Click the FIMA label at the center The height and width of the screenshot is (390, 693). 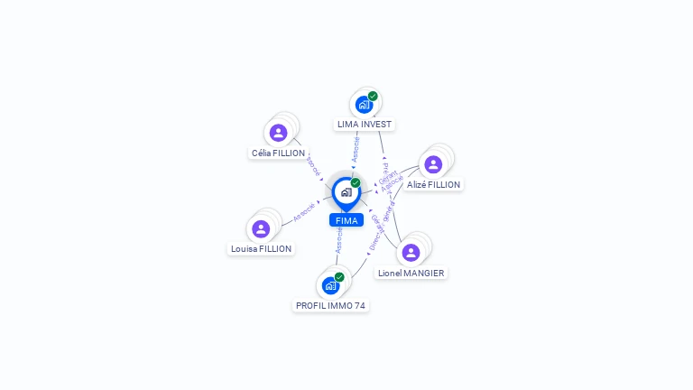pyautogui.click(x=346, y=220)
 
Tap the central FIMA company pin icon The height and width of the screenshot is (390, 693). pyautogui.click(x=346, y=192)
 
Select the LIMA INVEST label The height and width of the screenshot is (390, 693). pyautogui.click(x=365, y=125)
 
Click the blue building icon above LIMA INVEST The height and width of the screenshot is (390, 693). pyautogui.click(x=364, y=104)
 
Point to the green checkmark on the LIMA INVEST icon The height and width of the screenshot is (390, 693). pyautogui.click(x=373, y=97)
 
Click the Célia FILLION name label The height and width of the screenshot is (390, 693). pyautogui.click(x=278, y=153)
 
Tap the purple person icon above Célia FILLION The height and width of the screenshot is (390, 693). pyautogui.click(x=278, y=133)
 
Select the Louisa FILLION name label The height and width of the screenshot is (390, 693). pyautogui.click(x=261, y=248)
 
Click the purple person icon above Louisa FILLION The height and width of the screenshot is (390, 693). pyautogui.click(x=261, y=228)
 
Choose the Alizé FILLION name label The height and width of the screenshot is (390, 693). pyautogui.click(x=433, y=185)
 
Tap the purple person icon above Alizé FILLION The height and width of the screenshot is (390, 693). pyautogui.click(x=433, y=164)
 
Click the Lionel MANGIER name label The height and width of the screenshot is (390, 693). pyautogui.click(x=411, y=273)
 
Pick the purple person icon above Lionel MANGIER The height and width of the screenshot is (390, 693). pyautogui.click(x=411, y=253)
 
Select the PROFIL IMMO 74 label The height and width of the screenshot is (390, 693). pyautogui.click(x=331, y=306)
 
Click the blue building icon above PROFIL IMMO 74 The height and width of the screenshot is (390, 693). pyautogui.click(x=330, y=285)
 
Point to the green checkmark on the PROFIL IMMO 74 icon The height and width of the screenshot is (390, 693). pyautogui.click(x=339, y=277)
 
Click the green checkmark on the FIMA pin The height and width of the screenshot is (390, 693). pyautogui.click(x=356, y=183)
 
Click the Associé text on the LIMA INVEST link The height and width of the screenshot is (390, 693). pyautogui.click(x=356, y=149)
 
